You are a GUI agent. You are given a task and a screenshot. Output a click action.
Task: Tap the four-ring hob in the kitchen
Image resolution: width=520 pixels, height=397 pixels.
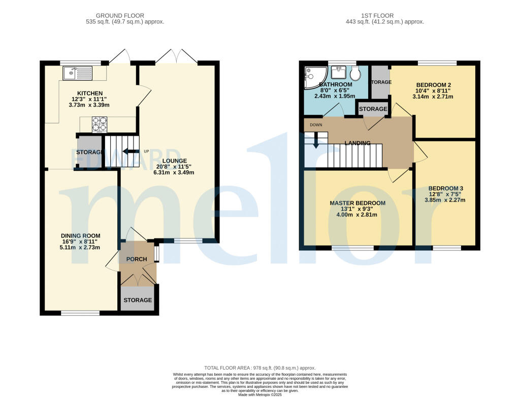coord(99,124)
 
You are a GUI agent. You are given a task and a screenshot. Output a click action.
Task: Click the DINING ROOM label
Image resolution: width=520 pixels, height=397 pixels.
coord(81,236)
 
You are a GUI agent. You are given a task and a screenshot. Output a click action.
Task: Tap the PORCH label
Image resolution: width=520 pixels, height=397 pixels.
coord(137,259)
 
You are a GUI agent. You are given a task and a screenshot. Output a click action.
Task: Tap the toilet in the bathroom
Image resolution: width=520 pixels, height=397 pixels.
coord(355,74)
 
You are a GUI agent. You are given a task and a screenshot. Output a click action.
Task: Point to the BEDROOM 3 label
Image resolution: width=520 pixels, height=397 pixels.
coord(445,188)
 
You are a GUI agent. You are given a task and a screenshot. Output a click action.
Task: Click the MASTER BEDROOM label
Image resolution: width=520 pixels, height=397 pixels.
coord(357,203)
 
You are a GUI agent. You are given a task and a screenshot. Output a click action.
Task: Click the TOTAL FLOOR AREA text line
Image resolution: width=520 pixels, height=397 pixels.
coord(259,368)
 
